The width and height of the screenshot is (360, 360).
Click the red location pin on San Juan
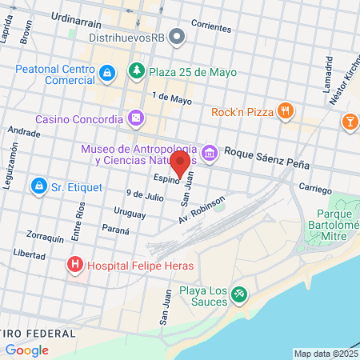[x=181, y=163]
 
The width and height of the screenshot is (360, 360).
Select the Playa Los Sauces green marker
[x=238, y=295]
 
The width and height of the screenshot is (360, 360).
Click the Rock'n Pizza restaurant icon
[x=284, y=112]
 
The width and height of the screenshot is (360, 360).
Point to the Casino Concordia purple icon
[x=137, y=118]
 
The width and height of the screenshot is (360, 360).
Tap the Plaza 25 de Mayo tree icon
[x=137, y=71]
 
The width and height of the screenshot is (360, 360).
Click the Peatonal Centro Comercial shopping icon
[x=108, y=73]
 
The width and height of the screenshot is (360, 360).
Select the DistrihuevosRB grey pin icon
[x=177, y=37]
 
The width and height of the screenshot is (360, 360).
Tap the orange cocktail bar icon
[x=350, y=122]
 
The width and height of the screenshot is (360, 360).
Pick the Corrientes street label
[x=211, y=26]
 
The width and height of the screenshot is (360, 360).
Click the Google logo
[x=26, y=350]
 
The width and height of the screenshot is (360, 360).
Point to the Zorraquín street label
[x=44, y=238]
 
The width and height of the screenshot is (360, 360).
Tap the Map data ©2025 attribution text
[x=326, y=354]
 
